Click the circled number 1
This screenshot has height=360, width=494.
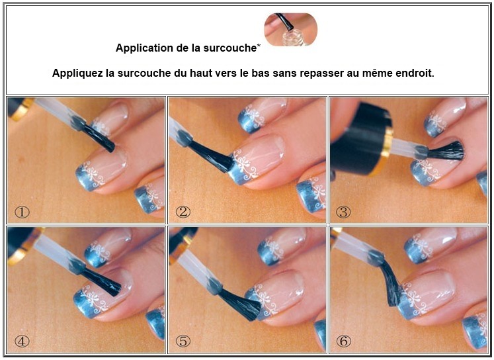(x=22, y=212)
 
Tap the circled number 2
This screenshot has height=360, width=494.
(x=183, y=212)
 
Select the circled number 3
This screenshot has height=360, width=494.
(x=343, y=212)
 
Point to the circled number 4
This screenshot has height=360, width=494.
(x=22, y=341)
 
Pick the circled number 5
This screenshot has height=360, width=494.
(x=183, y=341)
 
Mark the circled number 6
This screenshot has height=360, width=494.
(x=343, y=341)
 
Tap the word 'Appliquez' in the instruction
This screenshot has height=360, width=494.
(x=77, y=73)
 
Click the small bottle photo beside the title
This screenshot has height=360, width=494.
(x=290, y=29)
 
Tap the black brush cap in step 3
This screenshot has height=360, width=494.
(x=360, y=138)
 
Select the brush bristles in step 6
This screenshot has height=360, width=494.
(x=391, y=285)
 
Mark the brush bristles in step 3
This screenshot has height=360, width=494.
(x=446, y=151)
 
